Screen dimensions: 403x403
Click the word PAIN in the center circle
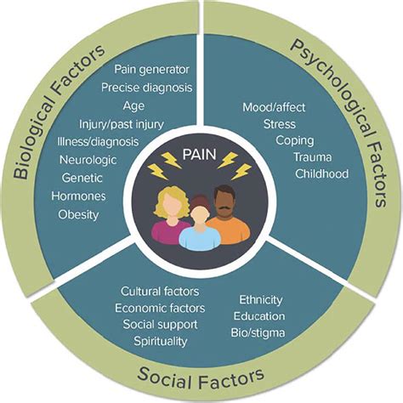coord(199,155)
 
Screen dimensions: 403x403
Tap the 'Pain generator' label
coord(151,70)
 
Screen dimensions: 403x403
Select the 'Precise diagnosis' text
coord(147,88)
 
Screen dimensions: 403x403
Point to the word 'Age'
coord(133,106)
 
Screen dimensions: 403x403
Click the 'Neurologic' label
coord(88,160)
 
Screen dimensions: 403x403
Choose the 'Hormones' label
coord(78,196)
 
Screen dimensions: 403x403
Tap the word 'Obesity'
coord(78,214)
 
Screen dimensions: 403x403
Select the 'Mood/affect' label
coord(274,107)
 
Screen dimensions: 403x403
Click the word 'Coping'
coord(295,140)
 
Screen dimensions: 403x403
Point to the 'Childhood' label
coord(321,173)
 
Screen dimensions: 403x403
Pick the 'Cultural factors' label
coord(160,292)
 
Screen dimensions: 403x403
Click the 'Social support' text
coord(160,325)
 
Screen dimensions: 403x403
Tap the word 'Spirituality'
coord(161,341)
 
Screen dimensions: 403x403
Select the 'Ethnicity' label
coord(261,300)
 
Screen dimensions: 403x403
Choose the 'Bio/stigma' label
coord(258,332)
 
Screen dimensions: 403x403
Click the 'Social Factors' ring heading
coord(201,377)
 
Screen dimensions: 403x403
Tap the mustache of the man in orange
coord(224,209)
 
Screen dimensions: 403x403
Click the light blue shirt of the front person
coord(200,239)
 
